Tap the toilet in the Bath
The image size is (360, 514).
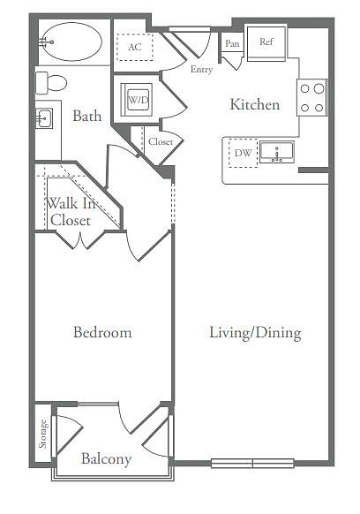(x=51, y=83)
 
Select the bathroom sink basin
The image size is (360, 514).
(x=44, y=118)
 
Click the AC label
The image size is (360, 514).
(x=135, y=47)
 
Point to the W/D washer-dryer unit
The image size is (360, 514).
(x=137, y=100)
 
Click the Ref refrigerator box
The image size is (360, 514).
(x=266, y=42)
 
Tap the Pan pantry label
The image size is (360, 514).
(x=232, y=43)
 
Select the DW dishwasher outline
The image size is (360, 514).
(x=243, y=153)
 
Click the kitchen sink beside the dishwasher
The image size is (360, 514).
(x=277, y=152)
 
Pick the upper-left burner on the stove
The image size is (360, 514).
(x=304, y=88)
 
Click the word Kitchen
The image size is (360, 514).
(x=255, y=104)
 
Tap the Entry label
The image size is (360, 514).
(x=201, y=70)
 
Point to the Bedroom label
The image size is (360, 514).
(x=102, y=332)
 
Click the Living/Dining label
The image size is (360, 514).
(x=255, y=333)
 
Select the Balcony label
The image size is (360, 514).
(x=107, y=458)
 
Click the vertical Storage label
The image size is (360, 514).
(x=43, y=434)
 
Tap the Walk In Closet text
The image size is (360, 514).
(x=71, y=212)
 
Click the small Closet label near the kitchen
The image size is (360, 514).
(x=161, y=141)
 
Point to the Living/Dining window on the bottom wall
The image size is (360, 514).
(x=252, y=463)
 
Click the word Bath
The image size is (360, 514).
(x=86, y=116)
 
